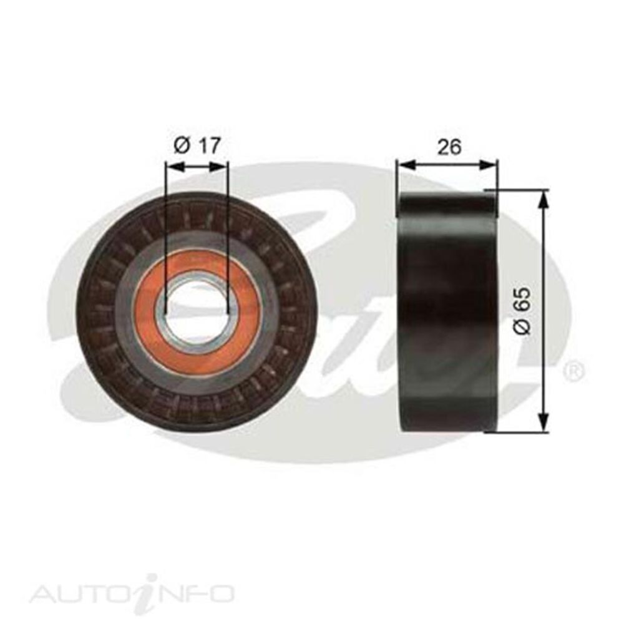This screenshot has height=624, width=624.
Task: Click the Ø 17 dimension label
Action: [197, 147]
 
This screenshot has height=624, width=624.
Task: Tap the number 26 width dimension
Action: [449, 147]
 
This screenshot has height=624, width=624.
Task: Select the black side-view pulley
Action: [448, 311]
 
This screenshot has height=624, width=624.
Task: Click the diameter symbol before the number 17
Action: [181, 147]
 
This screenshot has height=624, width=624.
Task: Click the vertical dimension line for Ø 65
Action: [545, 262]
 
